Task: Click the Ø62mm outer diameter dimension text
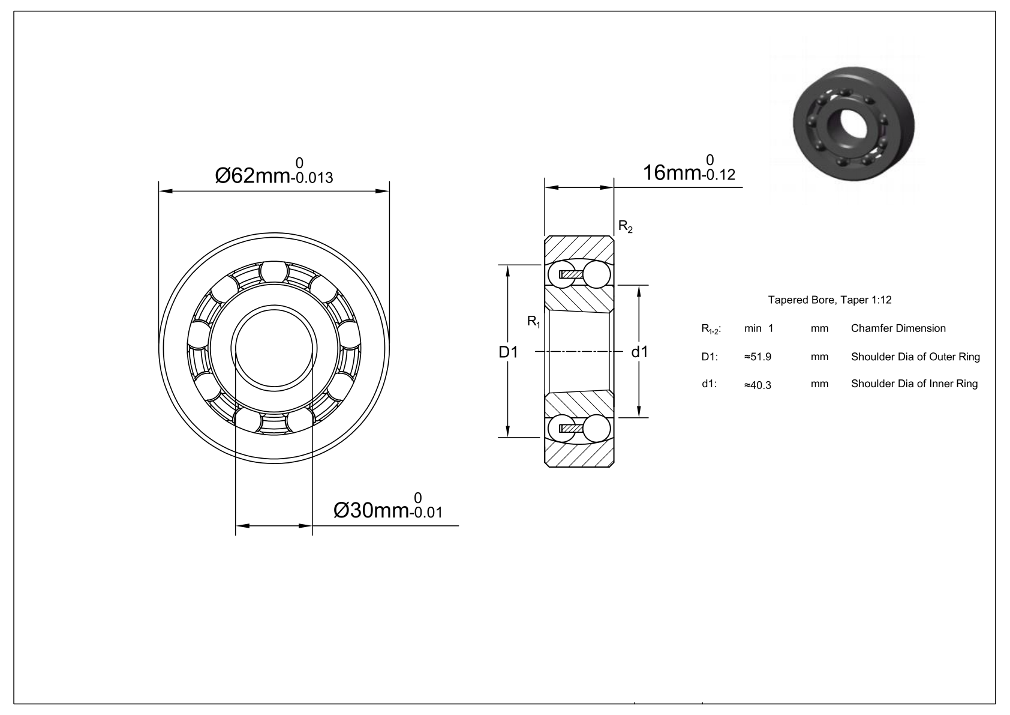[274, 172]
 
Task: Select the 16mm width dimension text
[689, 168]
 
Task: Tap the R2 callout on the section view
[626, 227]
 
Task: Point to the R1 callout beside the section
[534, 322]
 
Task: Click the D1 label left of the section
[508, 352]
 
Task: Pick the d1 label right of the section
[640, 352]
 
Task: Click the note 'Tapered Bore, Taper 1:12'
[830, 300]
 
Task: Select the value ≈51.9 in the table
[757, 357]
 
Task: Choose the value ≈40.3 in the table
[757, 385]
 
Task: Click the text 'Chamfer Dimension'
[898, 328]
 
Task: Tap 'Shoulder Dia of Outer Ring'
[915, 357]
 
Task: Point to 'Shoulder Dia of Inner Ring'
[915, 384]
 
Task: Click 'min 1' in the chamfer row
[759, 328]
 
